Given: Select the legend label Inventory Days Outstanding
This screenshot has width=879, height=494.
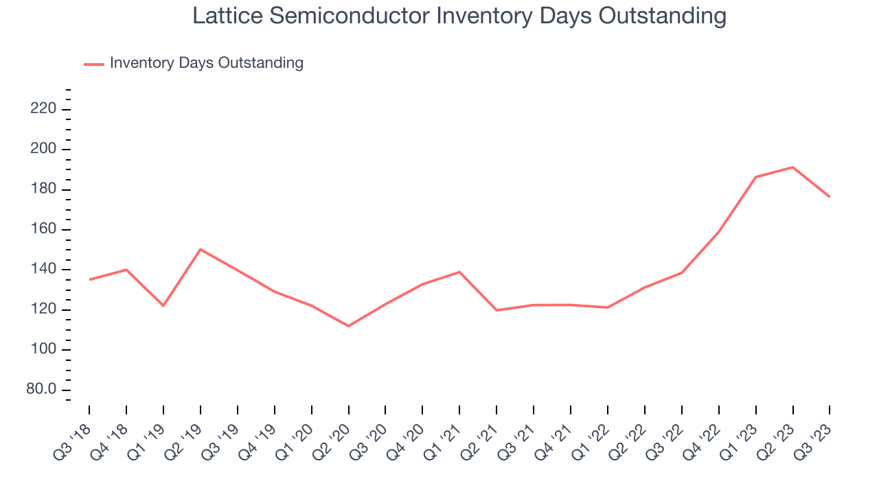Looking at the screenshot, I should [206, 63].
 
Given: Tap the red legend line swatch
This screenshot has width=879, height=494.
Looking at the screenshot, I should [93, 64].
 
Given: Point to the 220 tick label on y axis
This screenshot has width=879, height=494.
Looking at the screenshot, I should [43, 109].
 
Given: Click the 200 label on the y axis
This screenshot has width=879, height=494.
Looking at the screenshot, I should [43, 150].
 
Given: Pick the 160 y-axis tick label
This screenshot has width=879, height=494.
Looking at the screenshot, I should [43, 230].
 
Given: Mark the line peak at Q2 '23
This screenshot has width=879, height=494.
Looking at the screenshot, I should [792, 167].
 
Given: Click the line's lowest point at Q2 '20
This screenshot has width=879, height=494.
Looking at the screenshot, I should [348, 326].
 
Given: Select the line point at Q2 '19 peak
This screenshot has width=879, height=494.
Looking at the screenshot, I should [200, 249].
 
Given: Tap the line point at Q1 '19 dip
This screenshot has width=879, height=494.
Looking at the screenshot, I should [163, 305].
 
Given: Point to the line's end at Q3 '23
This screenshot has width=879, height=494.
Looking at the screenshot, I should [830, 197].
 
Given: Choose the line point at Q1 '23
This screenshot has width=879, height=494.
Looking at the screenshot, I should [755, 177].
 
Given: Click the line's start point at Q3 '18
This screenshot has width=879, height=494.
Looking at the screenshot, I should [89, 279].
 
